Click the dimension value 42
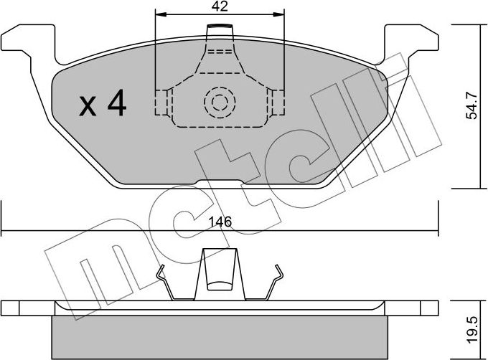click(x=220, y=7)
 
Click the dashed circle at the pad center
click(x=219, y=103)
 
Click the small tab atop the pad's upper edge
click(x=220, y=32)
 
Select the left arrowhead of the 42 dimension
click(x=159, y=14)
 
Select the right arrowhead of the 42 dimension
click(x=281, y=14)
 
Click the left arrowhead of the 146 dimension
click(x=6, y=231)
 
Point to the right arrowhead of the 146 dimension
click(x=434, y=231)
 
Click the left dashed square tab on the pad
click(x=163, y=102)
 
